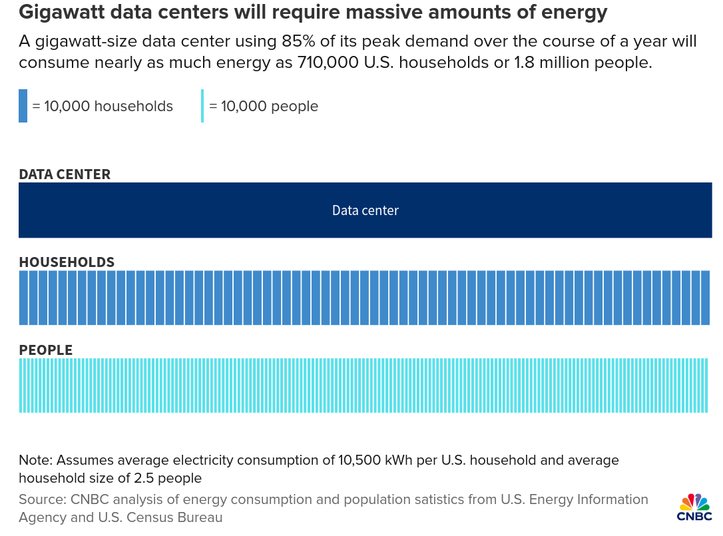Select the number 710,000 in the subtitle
point(328,63)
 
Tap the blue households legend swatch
point(23,106)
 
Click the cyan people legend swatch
point(202,106)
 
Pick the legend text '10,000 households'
point(109,106)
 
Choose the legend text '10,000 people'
point(270,107)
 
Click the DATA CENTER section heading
point(65,174)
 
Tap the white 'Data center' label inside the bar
point(365,210)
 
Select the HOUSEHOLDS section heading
point(67,262)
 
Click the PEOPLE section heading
point(46,350)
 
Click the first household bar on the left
point(23,298)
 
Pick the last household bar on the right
point(705,298)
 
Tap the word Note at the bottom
point(36,460)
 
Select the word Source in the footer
point(43,499)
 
